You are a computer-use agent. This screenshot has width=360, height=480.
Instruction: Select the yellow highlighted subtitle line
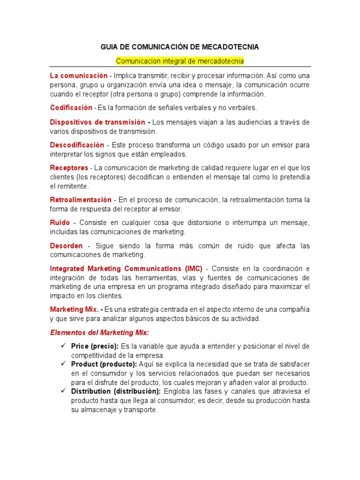pyautogui.click(x=180, y=61)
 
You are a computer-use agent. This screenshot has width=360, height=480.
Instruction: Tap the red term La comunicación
pyautogui.click(x=79, y=75)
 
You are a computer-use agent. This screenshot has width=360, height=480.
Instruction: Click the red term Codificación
pyautogui.click(x=71, y=108)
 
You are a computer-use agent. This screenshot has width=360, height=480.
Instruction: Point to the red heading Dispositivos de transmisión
pyautogui.click(x=97, y=122)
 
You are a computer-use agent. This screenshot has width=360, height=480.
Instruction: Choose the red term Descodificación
pyautogui.click(x=77, y=145)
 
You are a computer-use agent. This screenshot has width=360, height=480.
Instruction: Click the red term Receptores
pyautogui.click(x=69, y=168)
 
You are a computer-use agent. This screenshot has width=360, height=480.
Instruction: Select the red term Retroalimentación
pyautogui.click(x=81, y=200)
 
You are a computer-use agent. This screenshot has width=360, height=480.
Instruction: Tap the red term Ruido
pyautogui.click(x=60, y=223)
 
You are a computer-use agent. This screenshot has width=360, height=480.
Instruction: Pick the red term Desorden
pyautogui.click(x=66, y=246)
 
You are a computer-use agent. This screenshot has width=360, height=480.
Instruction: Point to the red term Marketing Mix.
pyautogui.click(x=74, y=309)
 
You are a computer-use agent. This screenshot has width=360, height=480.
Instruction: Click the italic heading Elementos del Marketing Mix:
pyautogui.click(x=99, y=332)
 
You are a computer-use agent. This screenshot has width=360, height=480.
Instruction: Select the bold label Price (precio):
pyautogui.click(x=95, y=346)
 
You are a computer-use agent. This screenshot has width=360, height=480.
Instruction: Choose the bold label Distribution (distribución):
pyautogui.click(x=116, y=391)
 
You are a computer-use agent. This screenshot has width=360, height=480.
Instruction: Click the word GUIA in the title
pyautogui.click(x=110, y=47)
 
